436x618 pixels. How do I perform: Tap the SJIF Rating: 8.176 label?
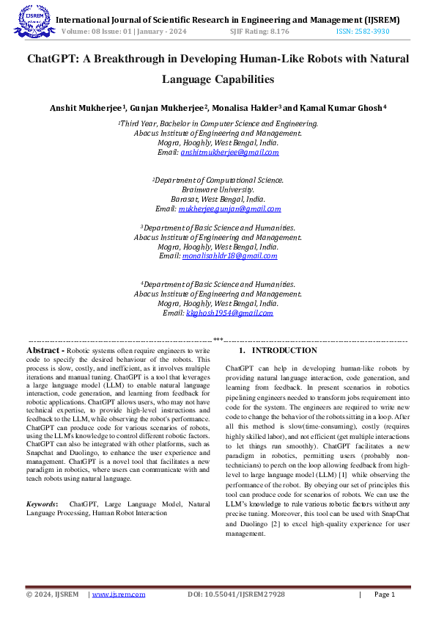click(259, 32)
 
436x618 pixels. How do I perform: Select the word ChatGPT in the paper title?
click(55, 59)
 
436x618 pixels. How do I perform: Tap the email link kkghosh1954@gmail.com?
click(229, 313)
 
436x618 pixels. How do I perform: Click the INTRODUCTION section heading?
click(284, 351)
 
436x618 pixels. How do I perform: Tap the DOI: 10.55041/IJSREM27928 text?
click(236, 595)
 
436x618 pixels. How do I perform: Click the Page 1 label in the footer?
click(384, 595)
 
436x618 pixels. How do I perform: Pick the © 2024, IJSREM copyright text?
click(51, 595)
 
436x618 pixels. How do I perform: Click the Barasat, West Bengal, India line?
click(218, 199)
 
